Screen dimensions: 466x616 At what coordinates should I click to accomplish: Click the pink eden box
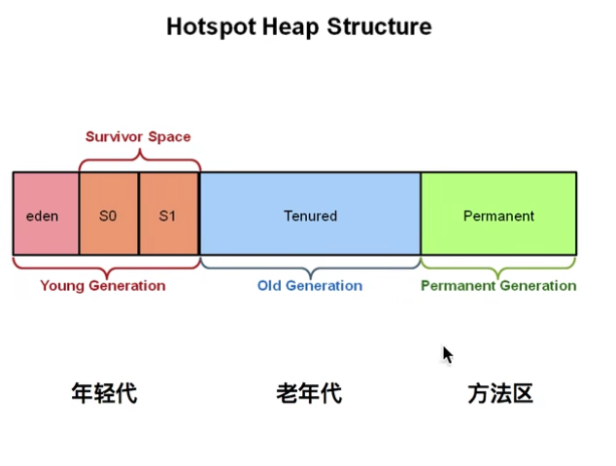coord(45,214)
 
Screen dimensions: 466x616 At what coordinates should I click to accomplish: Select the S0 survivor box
coord(108,214)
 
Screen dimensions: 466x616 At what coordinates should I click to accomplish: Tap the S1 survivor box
coord(168,214)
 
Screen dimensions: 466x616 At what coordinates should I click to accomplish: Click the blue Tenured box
coord(310,214)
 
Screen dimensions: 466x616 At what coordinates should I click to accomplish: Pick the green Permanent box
coord(498,214)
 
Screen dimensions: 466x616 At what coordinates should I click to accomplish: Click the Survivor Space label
coord(138,136)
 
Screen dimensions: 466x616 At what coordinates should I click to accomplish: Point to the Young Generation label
coord(103,286)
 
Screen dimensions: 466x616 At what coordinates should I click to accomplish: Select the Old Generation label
coord(310,286)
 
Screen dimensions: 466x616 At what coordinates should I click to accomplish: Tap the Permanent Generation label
coord(498,286)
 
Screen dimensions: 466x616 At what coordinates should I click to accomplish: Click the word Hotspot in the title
coord(204,26)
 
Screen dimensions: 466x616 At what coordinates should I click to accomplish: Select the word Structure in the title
coord(367,26)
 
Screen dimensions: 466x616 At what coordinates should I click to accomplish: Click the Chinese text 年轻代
coord(104,393)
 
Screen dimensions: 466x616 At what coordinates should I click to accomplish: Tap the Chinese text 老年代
coord(309,393)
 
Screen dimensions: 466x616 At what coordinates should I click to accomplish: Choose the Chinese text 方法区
coord(500,393)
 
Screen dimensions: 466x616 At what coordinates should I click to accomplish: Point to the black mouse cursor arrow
coord(447,354)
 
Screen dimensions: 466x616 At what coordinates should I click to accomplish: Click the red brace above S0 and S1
coord(139,157)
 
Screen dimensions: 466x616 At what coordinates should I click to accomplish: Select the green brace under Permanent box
coord(498,265)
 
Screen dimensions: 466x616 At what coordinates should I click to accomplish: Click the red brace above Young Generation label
coord(106,265)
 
